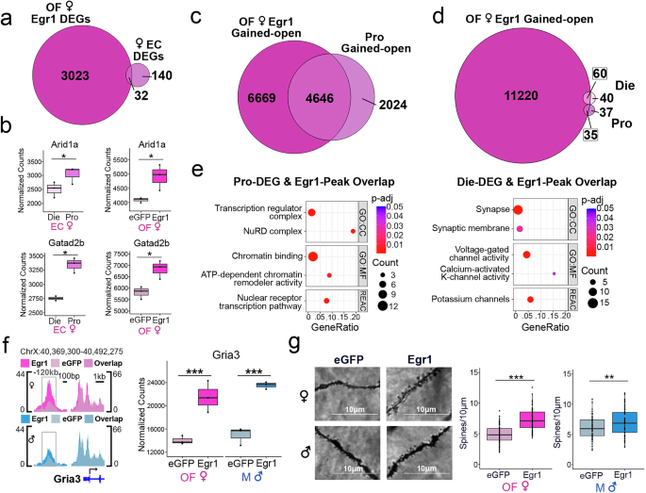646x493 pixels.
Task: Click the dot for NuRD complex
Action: pyautogui.click(x=353, y=230)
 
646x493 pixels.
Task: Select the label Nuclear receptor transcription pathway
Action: pyautogui.click(x=272, y=302)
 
